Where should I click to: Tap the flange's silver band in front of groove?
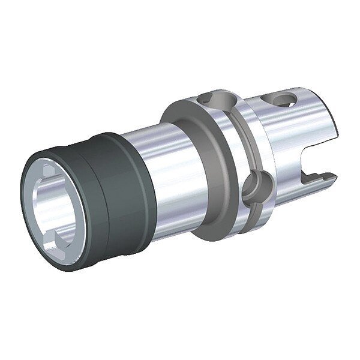(x=228, y=156)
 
